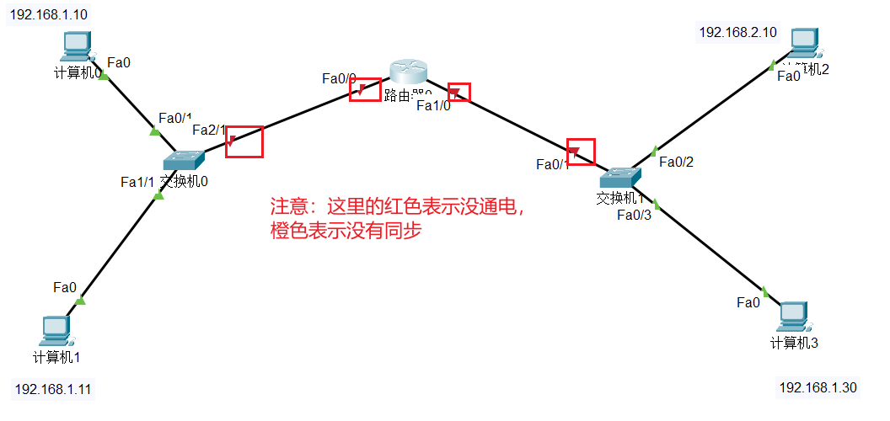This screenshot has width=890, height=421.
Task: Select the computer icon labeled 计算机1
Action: [56, 329]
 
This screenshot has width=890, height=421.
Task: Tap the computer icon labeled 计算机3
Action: [792, 316]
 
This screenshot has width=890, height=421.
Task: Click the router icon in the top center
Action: [410, 75]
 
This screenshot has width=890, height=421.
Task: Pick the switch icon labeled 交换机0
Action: [183, 159]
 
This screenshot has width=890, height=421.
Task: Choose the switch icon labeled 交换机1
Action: [621, 177]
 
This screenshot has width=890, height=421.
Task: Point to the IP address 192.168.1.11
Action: [52, 389]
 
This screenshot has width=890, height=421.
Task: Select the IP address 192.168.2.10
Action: [737, 32]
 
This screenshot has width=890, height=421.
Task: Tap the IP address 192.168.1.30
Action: [818, 387]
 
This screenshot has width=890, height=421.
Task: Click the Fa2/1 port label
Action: [209, 130]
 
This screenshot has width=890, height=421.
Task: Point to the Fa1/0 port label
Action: [433, 105]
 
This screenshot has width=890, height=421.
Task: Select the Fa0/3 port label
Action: [634, 215]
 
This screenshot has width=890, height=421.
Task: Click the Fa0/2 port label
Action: [676, 162]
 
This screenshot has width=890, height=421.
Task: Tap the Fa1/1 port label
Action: [137, 181]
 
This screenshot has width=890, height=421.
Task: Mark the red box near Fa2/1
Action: [244, 141]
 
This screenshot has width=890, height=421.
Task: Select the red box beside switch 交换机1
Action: [581, 152]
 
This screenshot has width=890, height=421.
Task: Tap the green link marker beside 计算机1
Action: [80, 301]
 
